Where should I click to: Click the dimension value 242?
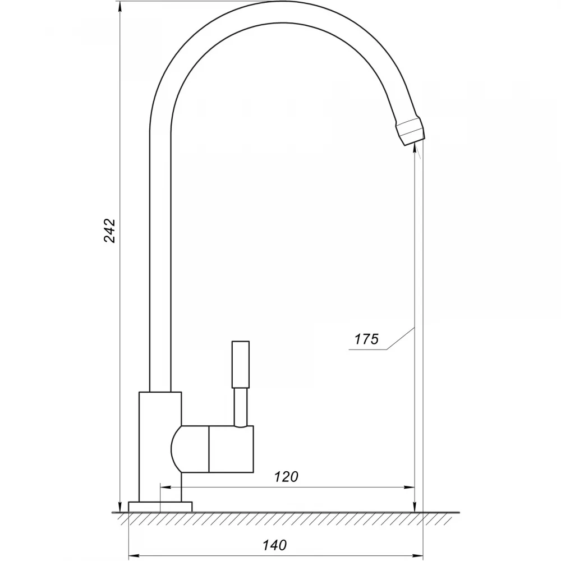pos(110,231)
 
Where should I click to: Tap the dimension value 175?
pos(366,339)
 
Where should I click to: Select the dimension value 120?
pos(286,476)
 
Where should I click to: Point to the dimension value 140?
pos(274,545)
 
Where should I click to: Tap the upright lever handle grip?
pos(241,364)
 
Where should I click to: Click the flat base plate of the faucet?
pos(160,507)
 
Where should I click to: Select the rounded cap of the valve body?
pos(190,449)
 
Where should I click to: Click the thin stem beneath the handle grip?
pos(241,407)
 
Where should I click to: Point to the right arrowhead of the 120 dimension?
pos(410,487)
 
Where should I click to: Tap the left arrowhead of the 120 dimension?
pos(166,487)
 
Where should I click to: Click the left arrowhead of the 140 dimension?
pos(134,555)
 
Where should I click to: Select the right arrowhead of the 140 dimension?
pos(417,555)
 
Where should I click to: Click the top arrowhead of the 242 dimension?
pos(120,6)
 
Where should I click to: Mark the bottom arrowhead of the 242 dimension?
pos(120,507)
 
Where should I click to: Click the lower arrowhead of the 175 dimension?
pos(415,507)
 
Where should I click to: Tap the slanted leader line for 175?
pos(401,338)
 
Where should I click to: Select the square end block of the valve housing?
pos(231,449)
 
